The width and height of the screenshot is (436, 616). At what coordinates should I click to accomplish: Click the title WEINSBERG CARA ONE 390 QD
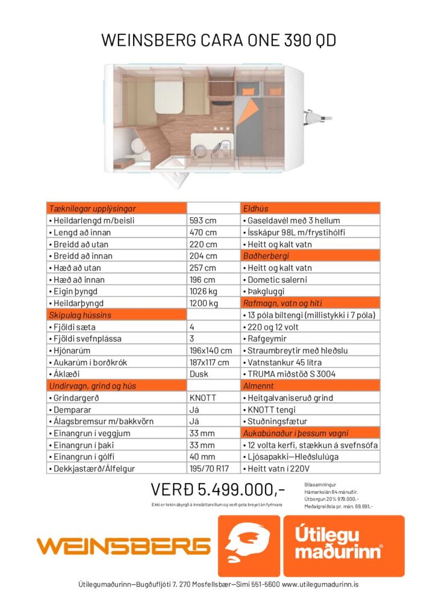tap(218, 40)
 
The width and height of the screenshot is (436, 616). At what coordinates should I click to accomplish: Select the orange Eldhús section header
tap(310, 209)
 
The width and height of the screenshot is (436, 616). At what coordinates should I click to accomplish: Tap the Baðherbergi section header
tap(310, 256)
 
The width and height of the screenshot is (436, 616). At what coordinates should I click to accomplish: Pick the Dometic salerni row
tap(310, 280)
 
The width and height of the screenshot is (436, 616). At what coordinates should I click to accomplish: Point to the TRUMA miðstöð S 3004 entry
tap(310, 374)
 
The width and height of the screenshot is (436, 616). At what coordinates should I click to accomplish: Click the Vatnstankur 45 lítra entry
tap(310, 362)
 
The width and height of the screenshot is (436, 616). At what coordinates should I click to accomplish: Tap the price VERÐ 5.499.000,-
tap(218, 488)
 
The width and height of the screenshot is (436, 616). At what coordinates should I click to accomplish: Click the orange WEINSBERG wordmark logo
tap(123, 546)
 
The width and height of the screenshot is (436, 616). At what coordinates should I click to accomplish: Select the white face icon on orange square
tap(249, 546)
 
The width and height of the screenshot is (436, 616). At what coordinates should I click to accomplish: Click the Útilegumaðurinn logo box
tap(344, 546)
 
